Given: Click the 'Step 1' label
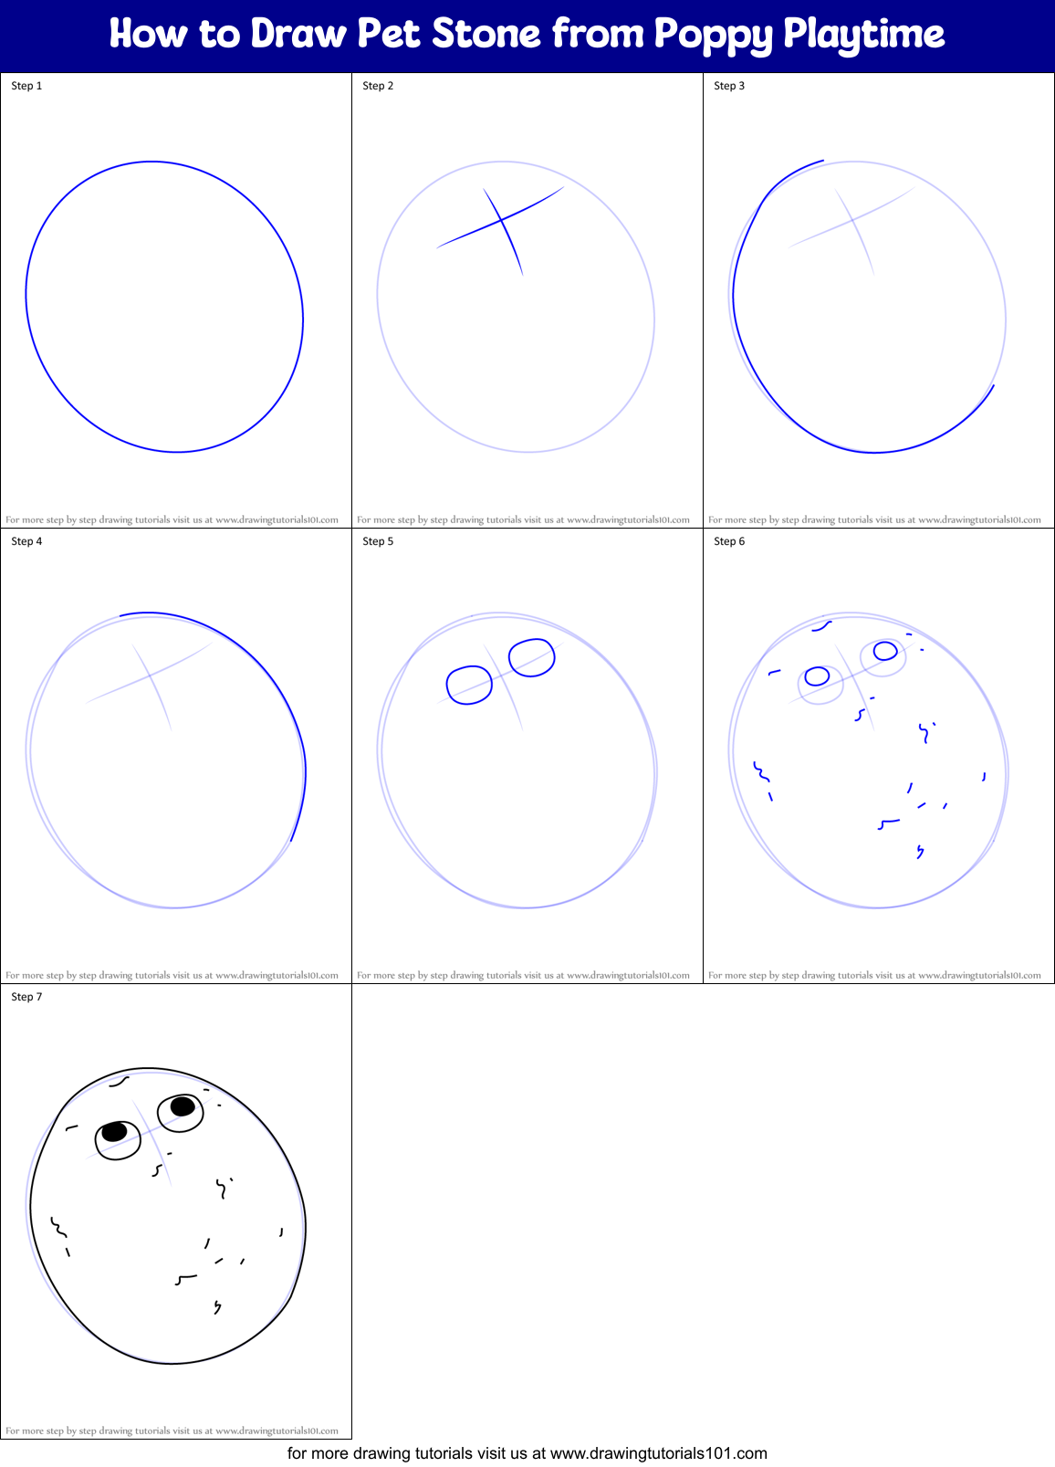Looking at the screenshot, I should pos(26,86).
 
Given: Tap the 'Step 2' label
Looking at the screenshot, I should pos(378,86).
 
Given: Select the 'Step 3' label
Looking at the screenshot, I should pos(729,86).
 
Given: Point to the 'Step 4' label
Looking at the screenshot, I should pos(26,541).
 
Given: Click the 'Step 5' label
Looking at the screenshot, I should pos(378,541).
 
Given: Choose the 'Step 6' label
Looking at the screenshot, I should pos(729,541).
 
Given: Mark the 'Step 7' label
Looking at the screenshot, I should pos(26,997).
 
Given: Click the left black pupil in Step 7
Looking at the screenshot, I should pos(114,1132).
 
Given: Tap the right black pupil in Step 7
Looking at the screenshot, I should pos(183,1106).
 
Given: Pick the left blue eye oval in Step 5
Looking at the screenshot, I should pos(469,685).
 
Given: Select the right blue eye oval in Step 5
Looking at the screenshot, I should pos(532,657).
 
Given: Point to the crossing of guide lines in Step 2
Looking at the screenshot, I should pos(501,220).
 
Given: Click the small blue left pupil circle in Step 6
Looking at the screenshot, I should pos(817,676).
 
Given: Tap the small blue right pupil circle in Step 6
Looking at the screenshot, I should pos(885,651).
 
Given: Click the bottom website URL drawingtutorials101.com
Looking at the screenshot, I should pos(658,1453).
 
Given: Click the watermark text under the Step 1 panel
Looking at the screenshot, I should pos(172,520).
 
